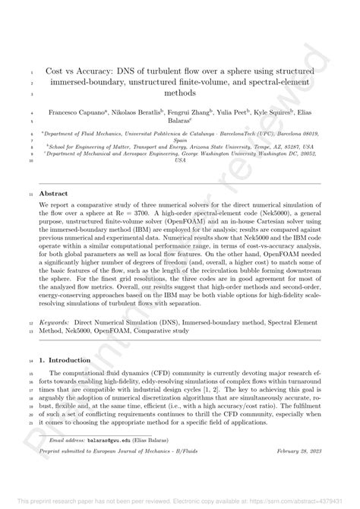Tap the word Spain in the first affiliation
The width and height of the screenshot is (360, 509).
[x=179, y=141]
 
